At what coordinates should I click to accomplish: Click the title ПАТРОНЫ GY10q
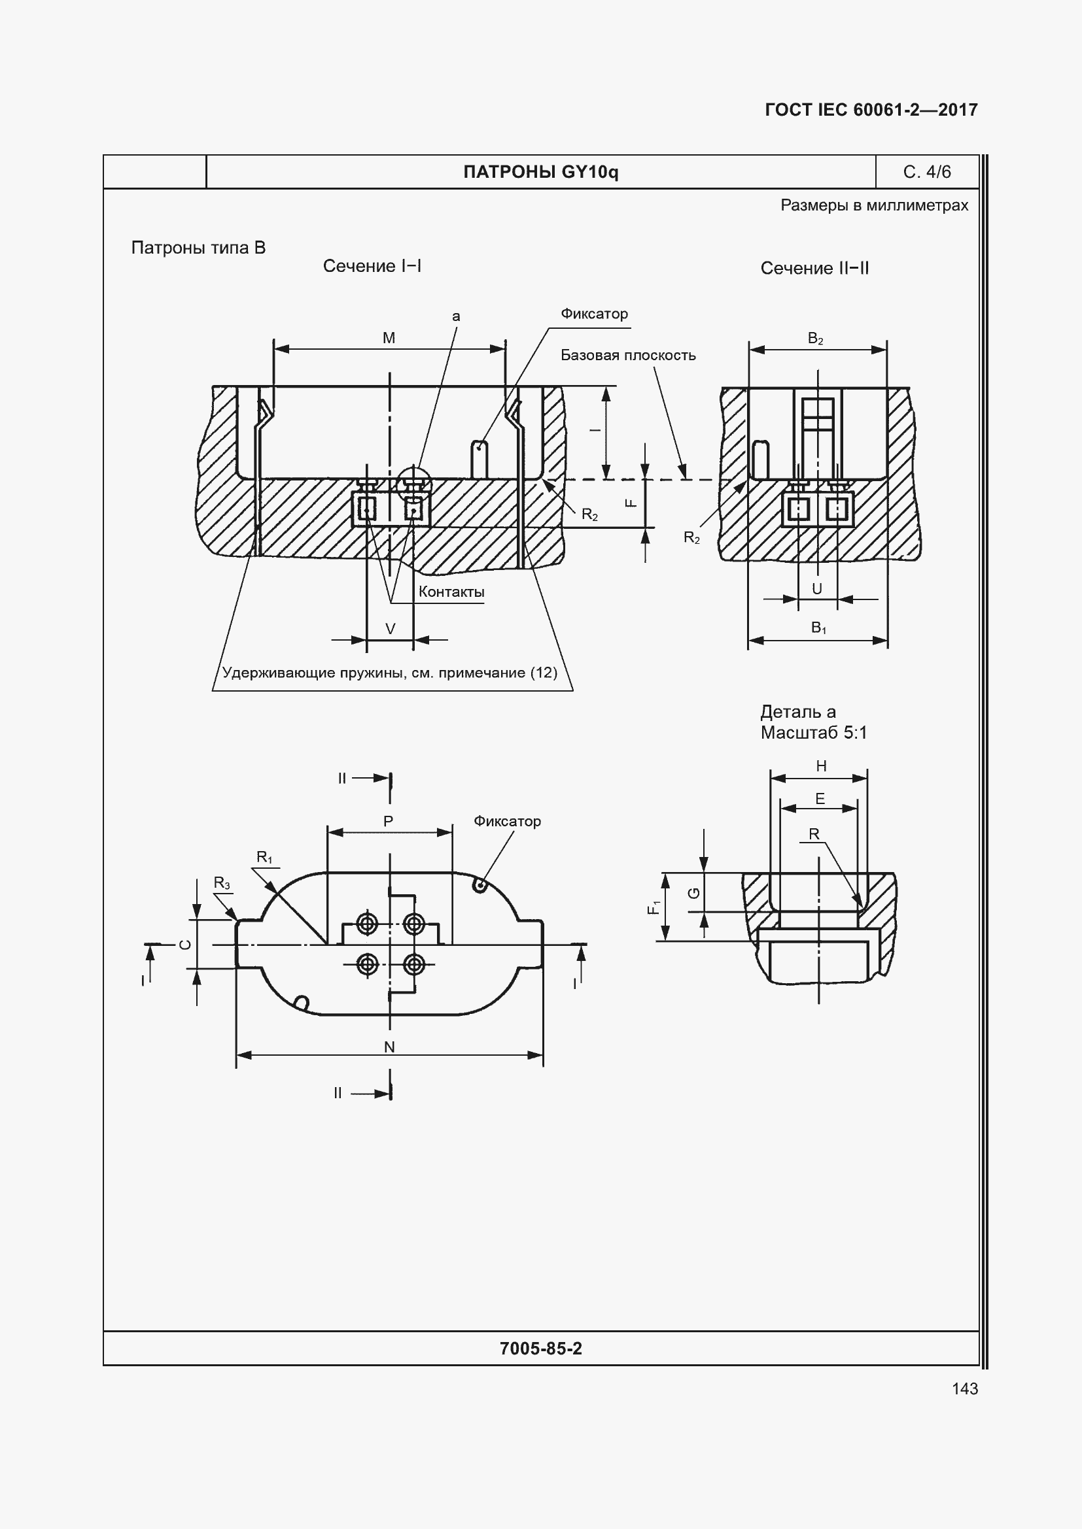point(541,173)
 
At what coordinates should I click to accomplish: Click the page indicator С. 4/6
point(927,172)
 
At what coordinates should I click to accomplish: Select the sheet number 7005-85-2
point(541,1349)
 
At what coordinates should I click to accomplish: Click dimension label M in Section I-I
point(389,339)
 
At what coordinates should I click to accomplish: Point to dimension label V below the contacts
point(391,630)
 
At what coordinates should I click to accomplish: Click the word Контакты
point(451,592)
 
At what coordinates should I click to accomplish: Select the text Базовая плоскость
point(628,356)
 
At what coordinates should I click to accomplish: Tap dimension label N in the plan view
point(390,1047)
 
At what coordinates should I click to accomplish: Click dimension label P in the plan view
point(389,822)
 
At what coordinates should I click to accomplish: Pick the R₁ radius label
point(264,858)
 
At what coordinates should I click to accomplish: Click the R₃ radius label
point(222,884)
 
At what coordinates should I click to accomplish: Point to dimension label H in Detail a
point(822,767)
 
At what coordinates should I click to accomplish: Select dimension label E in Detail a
point(820,799)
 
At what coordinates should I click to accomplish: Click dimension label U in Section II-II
point(817,589)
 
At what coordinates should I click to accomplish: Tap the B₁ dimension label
point(819,628)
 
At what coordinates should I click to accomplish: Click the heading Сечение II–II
point(815,269)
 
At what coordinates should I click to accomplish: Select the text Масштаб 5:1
point(814,733)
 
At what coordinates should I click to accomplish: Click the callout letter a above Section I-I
point(457,317)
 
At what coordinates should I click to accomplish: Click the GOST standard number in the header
point(871,110)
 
